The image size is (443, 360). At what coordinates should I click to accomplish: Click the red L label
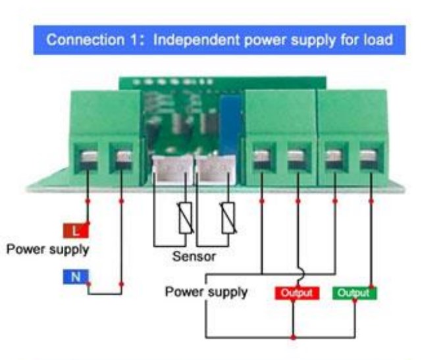click(76, 231)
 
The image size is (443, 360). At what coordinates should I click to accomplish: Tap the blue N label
click(76, 276)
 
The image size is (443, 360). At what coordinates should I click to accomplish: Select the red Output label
click(297, 293)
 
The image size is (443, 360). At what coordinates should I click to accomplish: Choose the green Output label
click(355, 293)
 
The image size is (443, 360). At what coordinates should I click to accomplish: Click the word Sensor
click(194, 257)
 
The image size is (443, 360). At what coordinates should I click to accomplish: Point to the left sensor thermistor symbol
click(186, 218)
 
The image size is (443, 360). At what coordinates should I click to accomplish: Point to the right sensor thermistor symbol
click(228, 218)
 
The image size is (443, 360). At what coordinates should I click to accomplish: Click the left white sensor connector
click(172, 170)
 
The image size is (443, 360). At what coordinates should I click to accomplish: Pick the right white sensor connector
click(215, 170)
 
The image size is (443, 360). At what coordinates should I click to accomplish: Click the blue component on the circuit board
click(231, 124)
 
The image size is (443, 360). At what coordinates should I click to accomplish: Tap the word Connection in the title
click(85, 40)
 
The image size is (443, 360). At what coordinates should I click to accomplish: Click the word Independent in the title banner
click(196, 40)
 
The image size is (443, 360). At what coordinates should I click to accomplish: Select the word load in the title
click(378, 39)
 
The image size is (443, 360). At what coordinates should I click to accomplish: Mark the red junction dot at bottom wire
click(294, 337)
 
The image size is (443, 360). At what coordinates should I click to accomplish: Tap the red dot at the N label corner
click(88, 284)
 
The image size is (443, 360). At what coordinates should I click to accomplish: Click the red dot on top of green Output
click(371, 287)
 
